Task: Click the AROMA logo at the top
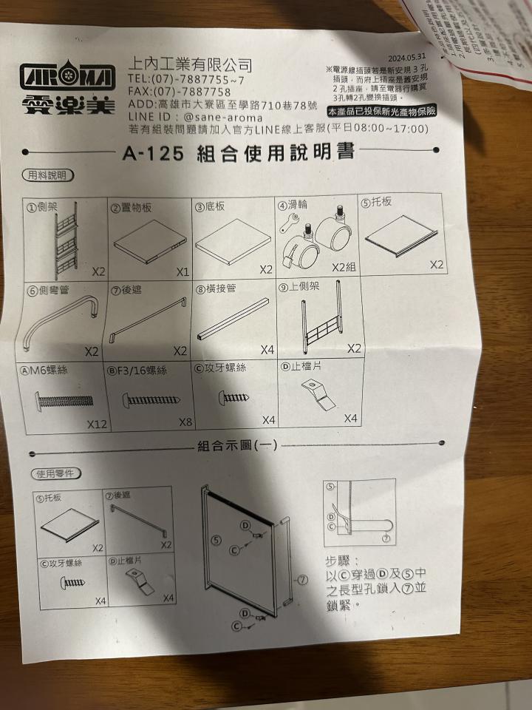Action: pyautogui.click(x=67, y=78)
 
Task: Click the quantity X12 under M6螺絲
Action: pyautogui.click(x=98, y=425)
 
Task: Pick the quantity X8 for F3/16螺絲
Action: pyautogui.click(x=185, y=422)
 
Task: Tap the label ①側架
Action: pyautogui.click(x=42, y=208)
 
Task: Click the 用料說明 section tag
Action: pyautogui.click(x=47, y=175)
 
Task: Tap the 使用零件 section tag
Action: pyautogui.click(x=55, y=473)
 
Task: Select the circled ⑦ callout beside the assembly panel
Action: pyautogui.click(x=301, y=580)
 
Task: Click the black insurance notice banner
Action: pyautogui.click(x=383, y=111)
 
